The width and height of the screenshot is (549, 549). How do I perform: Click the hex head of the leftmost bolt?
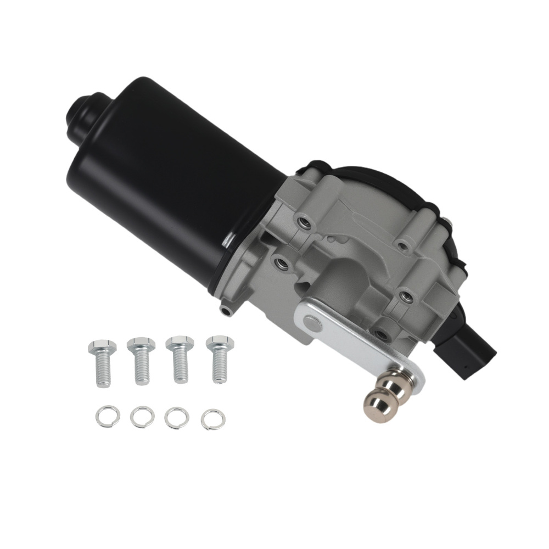coord(102,347)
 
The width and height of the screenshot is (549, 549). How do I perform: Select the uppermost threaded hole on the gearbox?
coord(301,222)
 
